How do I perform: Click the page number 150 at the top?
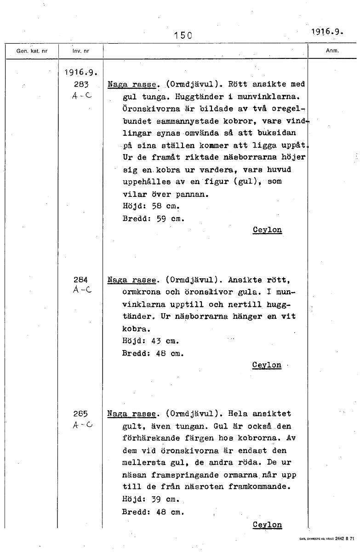(x=183, y=35)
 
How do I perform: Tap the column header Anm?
(x=332, y=51)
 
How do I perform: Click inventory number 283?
(x=80, y=84)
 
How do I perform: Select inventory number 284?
(x=81, y=279)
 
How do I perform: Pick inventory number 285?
(x=81, y=414)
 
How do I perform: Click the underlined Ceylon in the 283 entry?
(x=267, y=230)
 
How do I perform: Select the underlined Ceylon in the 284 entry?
(x=267, y=365)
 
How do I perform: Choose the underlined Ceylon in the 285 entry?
(x=267, y=524)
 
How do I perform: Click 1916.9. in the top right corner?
(x=328, y=31)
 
